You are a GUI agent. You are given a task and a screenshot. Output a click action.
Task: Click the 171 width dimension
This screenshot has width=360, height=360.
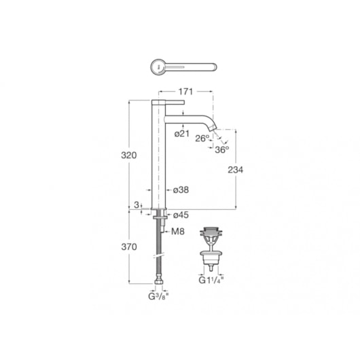(x=185, y=92)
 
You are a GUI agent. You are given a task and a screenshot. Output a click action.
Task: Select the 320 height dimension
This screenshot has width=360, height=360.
(x=129, y=156)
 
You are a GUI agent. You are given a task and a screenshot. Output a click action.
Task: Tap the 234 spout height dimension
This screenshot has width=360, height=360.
(x=235, y=170)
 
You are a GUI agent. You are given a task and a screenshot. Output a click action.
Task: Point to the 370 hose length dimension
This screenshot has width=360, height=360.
(x=129, y=247)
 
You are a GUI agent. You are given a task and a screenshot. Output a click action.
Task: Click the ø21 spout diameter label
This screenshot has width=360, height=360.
(x=182, y=134)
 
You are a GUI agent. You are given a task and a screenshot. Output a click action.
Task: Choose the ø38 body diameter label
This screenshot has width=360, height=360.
(x=181, y=190)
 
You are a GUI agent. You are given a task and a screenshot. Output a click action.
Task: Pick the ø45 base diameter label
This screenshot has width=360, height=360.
(x=181, y=215)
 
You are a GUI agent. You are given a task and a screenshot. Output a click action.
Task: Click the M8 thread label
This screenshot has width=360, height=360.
(x=178, y=232)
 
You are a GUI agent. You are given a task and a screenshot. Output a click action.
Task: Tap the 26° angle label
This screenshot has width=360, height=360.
(x=202, y=139)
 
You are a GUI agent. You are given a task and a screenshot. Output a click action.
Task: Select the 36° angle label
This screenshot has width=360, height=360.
(x=222, y=150)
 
